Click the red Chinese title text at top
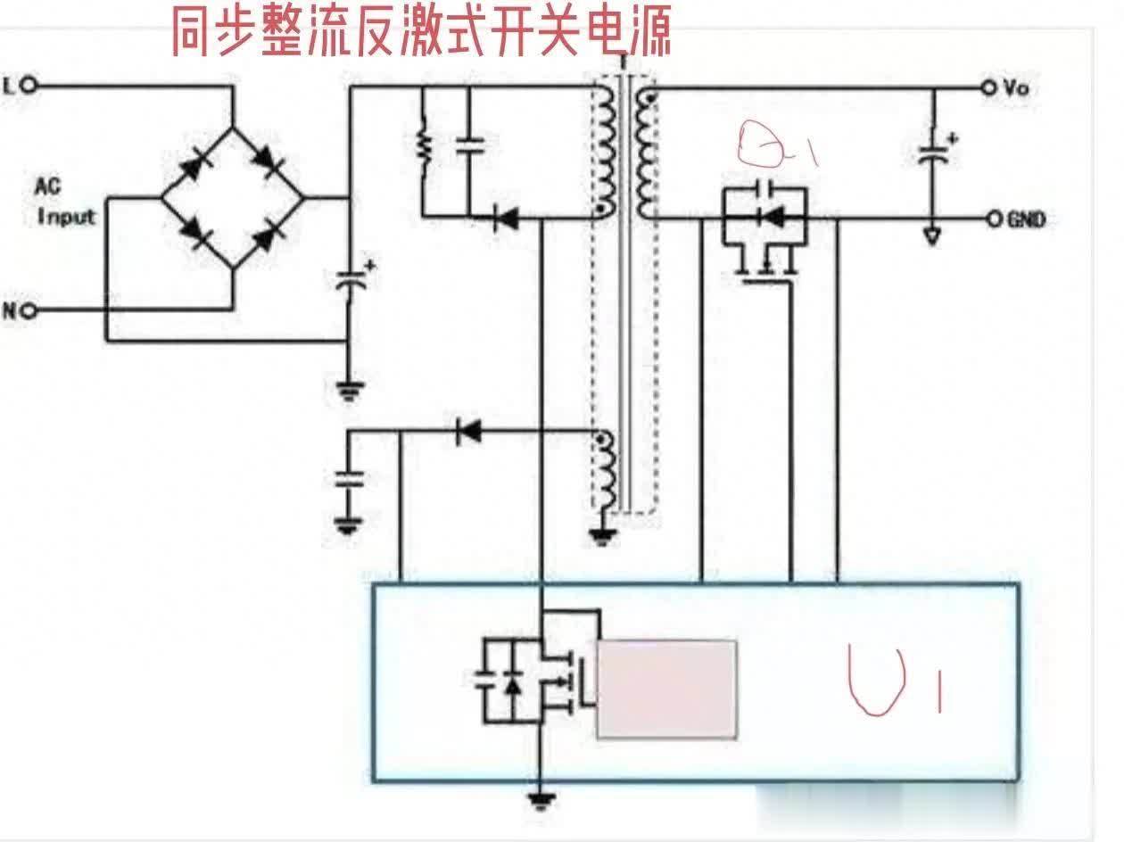tap(420, 33)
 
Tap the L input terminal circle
tap(29, 86)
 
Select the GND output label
tap(1026, 220)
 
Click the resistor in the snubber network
tap(424, 148)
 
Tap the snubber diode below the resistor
tap(506, 217)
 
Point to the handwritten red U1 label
tap(892, 682)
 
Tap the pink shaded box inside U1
tap(666, 689)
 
